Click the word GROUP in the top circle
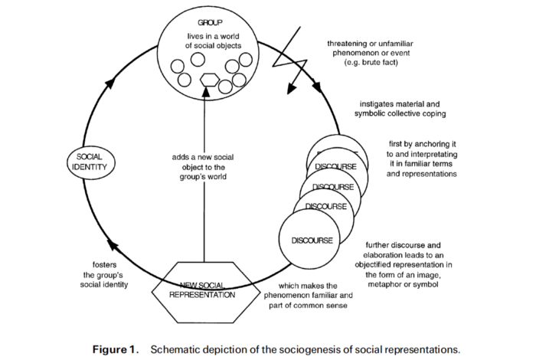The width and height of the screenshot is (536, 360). click(210, 23)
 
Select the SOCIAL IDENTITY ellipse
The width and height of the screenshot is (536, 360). click(91, 162)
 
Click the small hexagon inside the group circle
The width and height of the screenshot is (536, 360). click(209, 80)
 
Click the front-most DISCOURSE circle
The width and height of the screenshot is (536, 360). click(310, 239)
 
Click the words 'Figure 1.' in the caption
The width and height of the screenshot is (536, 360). click(116, 350)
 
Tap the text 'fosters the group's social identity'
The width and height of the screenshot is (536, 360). click(104, 275)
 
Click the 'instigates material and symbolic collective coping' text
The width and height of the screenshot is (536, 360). click(400, 109)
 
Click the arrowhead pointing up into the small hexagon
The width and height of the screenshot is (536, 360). click(205, 91)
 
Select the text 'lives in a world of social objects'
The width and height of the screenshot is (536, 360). click(214, 41)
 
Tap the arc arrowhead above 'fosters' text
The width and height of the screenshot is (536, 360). click(113, 245)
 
